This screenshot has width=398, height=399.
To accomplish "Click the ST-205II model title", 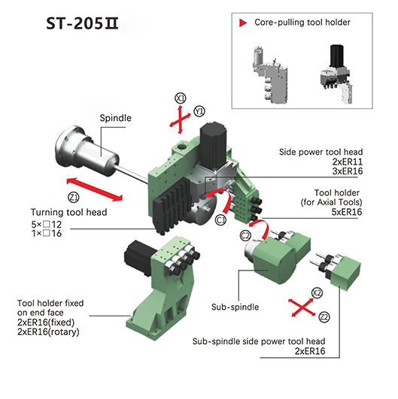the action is click(x=82, y=24).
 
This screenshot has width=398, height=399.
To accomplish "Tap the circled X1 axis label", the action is click(x=181, y=98).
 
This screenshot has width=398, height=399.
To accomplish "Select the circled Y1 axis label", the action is click(x=199, y=111).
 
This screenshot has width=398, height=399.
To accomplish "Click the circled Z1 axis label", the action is click(x=74, y=198).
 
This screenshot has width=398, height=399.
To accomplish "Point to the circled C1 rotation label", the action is click(x=220, y=220).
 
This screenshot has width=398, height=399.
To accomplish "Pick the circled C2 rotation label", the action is click(x=245, y=236).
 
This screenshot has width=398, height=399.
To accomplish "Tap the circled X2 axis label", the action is click(x=317, y=293).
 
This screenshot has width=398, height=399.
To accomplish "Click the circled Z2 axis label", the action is click(x=324, y=317).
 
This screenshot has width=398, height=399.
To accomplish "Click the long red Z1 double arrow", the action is click(x=95, y=189).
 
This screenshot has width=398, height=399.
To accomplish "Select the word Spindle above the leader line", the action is click(x=115, y=118).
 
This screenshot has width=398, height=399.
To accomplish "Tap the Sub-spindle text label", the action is click(x=235, y=307).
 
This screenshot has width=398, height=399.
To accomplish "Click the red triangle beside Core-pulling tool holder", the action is click(x=243, y=23).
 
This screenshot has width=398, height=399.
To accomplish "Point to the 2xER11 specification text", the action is click(x=348, y=162).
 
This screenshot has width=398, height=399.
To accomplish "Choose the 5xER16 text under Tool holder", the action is click(x=347, y=212).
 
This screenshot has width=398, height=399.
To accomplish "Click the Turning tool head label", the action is click(x=68, y=212).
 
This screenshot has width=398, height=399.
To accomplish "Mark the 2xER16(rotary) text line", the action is click(x=48, y=332).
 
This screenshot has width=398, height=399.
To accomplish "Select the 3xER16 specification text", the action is click(x=348, y=171).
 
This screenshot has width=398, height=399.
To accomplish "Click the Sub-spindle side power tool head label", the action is click(x=259, y=341).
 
